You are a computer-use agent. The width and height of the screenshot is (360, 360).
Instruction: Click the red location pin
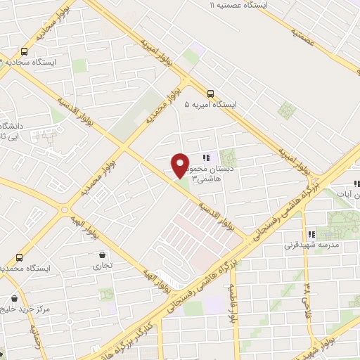coord(180,165)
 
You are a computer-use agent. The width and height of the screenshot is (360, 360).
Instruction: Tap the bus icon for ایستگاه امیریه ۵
coord(210,93)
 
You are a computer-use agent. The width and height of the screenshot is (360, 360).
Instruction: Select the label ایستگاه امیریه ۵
coord(210,105)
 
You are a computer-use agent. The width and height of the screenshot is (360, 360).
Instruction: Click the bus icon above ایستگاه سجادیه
coord(25,51)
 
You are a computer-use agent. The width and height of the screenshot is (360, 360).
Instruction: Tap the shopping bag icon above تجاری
coord(103,255)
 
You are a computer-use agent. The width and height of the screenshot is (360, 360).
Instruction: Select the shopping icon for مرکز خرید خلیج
coord(15,299)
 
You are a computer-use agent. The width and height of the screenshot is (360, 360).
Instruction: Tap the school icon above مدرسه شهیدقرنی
coord(310,234)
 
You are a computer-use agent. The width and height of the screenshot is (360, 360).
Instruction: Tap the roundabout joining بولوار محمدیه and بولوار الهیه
coord(67,209)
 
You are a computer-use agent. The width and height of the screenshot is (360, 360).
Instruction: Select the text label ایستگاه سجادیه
coord(35,62)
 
